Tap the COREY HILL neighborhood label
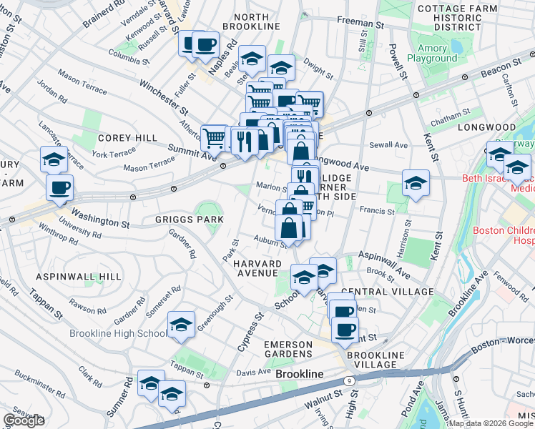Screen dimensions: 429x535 (x=124, y=138)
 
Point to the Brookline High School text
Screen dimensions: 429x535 (x=118, y=333)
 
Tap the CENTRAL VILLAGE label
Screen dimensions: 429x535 (x=388, y=292)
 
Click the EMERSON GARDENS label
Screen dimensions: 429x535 (x=288, y=350)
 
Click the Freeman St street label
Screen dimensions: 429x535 (x=360, y=24)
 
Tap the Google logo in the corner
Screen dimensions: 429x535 (x=24, y=420)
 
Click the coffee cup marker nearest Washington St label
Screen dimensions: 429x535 (x=60, y=188)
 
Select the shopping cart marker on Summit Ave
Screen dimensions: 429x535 (x=214, y=137)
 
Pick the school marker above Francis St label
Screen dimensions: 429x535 (x=416, y=182)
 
